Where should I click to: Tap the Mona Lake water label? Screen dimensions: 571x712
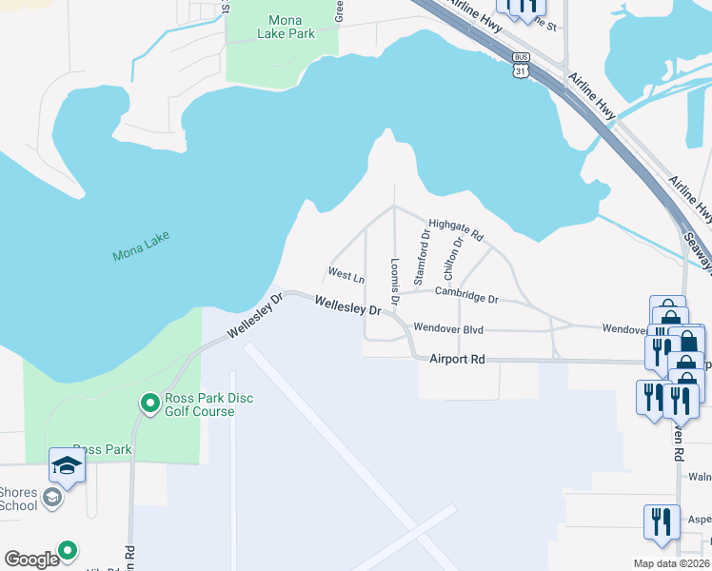(142, 253)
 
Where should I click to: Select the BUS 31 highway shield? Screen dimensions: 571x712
(520, 66)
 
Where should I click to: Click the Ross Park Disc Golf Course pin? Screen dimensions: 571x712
(149, 404)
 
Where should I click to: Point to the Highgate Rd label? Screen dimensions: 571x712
(456, 228)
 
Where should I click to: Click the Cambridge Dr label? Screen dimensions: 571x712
(466, 298)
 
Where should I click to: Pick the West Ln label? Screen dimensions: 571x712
(346, 275)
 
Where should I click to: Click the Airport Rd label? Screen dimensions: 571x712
(457, 359)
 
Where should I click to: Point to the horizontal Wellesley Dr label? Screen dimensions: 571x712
(347, 307)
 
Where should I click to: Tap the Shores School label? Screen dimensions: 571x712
(19, 499)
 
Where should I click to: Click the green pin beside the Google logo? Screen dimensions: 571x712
(67, 550)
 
